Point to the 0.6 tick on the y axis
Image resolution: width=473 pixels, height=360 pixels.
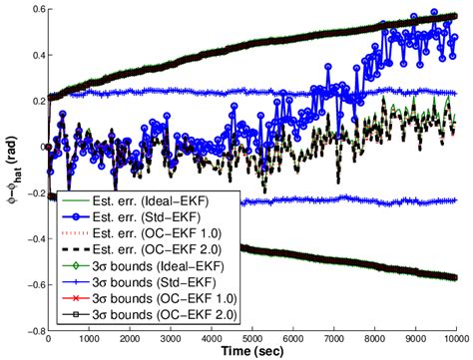click(x=30, y=10)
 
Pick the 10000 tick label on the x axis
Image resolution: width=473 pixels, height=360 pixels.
click(x=458, y=339)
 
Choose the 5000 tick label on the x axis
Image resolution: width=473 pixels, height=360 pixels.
click(x=253, y=339)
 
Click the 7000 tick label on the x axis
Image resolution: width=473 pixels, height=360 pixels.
click(x=335, y=339)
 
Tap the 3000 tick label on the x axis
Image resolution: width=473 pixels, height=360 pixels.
click(x=172, y=339)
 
